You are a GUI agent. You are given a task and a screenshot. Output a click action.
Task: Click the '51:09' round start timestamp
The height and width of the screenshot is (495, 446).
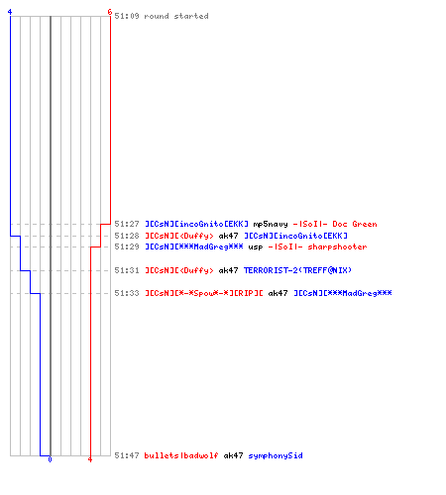click(127, 16)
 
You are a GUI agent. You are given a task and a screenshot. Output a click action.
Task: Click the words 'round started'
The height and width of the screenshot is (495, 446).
click(176, 16)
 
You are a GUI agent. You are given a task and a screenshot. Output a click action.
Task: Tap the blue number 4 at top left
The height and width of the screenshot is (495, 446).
click(10, 12)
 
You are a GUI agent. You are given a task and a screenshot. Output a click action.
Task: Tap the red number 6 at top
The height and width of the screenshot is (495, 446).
click(110, 12)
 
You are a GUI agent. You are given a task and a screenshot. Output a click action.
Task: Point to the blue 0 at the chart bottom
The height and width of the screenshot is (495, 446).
click(50, 459)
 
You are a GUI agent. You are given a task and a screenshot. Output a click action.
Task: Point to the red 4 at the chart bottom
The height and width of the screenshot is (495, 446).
click(90, 459)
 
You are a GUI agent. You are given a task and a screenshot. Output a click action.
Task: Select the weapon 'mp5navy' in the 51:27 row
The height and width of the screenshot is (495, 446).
click(271, 224)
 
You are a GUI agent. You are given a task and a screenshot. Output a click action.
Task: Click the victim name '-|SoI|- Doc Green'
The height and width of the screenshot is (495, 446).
click(335, 224)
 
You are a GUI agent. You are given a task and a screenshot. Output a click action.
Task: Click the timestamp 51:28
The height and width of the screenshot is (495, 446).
click(127, 236)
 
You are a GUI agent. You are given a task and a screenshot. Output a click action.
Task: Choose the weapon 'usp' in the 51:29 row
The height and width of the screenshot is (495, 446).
click(256, 247)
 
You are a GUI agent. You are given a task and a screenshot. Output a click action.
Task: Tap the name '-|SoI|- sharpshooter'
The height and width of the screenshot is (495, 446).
click(317, 247)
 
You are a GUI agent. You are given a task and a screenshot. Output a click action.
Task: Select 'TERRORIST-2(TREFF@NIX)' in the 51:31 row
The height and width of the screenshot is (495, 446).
click(297, 270)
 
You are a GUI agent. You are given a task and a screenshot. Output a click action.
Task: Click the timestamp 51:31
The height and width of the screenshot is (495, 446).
click(127, 270)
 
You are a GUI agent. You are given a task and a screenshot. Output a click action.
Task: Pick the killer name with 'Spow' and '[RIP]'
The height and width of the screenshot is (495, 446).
click(204, 293)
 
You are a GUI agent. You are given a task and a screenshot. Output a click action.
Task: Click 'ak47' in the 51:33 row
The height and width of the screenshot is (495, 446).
click(278, 293)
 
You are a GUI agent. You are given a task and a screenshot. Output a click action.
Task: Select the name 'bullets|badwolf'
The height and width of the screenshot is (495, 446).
click(181, 455)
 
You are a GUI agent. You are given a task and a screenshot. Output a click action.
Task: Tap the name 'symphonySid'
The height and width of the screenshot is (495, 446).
click(276, 455)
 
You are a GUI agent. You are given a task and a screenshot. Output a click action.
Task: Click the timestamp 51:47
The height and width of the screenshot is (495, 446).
click(127, 455)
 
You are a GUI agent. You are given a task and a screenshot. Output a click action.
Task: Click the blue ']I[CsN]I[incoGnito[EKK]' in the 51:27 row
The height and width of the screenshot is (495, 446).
click(197, 224)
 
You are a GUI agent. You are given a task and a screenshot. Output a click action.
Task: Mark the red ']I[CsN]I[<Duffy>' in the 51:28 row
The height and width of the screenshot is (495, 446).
click(179, 236)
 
